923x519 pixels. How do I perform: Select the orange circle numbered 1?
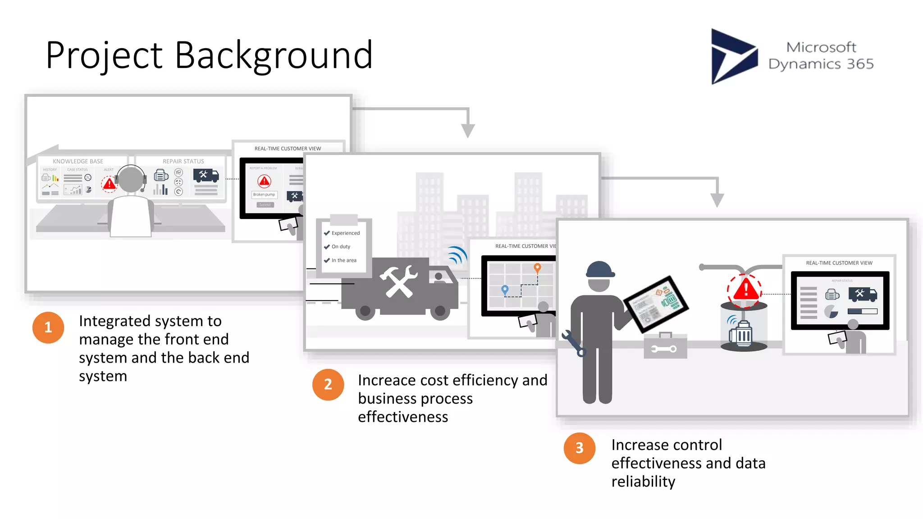(48, 328)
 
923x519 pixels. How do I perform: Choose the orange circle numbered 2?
(328, 384)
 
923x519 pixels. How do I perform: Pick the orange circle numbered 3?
(579, 448)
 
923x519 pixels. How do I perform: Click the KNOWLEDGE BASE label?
(78, 161)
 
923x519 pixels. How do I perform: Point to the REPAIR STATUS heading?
(183, 161)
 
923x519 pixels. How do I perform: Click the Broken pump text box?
(264, 195)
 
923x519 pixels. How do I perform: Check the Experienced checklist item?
(345, 233)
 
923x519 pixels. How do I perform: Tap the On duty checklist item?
(340, 246)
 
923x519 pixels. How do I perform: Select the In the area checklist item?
(343, 260)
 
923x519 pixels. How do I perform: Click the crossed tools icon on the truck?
(398, 282)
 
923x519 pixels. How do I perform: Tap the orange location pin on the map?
(537, 268)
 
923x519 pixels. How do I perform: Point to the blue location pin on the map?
(505, 290)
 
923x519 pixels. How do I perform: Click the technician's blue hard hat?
(600, 270)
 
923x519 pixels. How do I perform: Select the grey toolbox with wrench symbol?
(665, 346)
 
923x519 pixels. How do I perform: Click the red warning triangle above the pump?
(746, 290)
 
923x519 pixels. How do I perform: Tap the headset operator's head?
(131, 179)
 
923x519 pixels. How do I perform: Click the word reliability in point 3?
(643, 482)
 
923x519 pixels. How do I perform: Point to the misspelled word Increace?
(387, 380)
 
